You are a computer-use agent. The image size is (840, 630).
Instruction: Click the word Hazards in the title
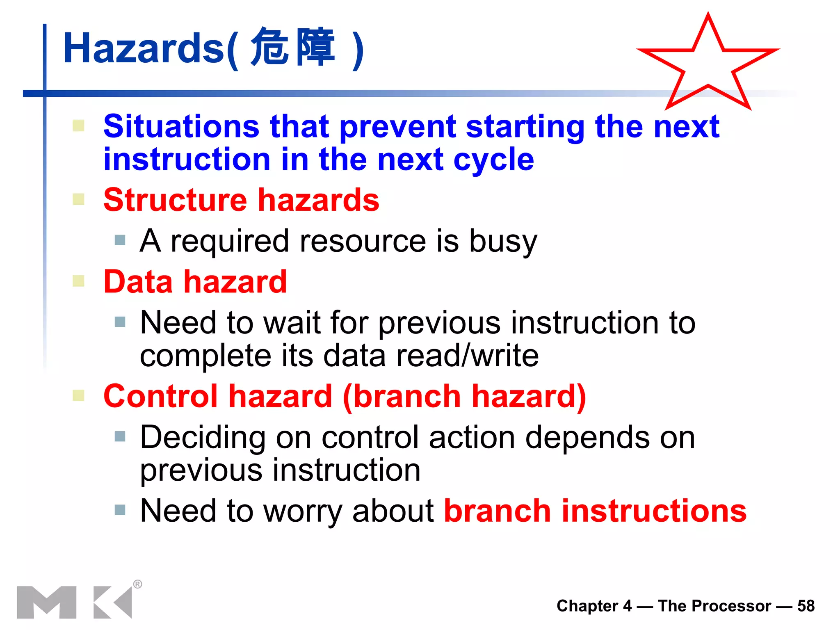tap(144, 48)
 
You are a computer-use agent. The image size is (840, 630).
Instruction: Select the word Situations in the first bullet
tap(181, 126)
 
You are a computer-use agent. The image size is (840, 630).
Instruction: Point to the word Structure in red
tap(175, 200)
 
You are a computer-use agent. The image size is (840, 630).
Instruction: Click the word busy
tap(502, 242)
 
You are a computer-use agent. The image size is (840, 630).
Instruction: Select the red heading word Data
tap(138, 282)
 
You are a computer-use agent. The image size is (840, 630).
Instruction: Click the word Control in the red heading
tap(160, 396)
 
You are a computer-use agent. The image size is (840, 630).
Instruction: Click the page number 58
tap(806, 606)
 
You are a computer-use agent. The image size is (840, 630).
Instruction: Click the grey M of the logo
tap(46, 602)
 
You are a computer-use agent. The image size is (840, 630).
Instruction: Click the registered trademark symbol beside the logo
tap(138, 584)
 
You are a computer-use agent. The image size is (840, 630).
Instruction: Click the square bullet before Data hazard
tap(78, 281)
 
